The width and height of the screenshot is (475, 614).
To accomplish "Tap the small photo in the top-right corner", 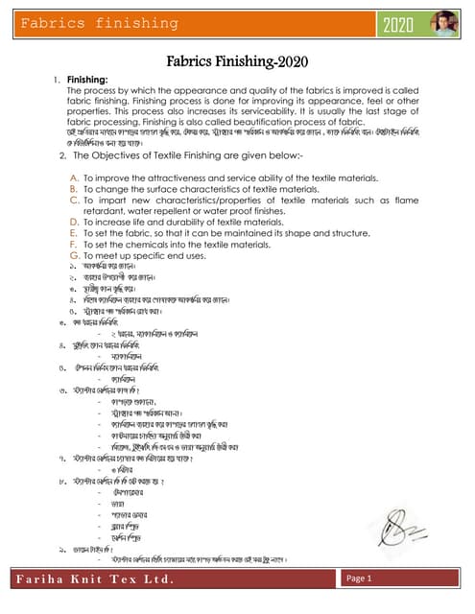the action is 447,23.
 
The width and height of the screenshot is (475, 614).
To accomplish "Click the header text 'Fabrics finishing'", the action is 83,23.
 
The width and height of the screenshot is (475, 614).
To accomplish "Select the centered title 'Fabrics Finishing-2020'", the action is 236,62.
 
